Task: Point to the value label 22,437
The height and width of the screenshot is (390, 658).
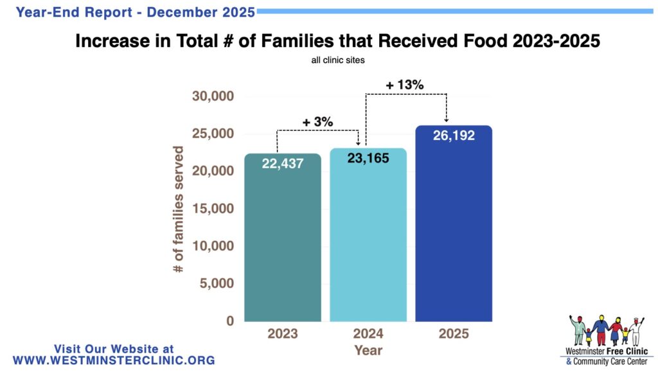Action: pos(283,164)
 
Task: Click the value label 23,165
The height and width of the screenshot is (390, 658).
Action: pos(368,157)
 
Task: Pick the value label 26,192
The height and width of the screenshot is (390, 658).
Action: pos(454,136)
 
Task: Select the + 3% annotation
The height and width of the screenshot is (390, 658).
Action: pos(317,121)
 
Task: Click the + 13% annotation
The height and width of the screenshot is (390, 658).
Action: pos(405,85)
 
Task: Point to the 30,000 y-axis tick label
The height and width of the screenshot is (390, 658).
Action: pos(213,96)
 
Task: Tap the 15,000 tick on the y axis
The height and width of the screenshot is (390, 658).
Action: pos(213,209)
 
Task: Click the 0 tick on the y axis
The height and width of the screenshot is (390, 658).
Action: pos(229,321)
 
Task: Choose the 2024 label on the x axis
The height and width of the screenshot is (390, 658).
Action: pos(368,334)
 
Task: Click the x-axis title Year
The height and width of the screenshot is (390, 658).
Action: pos(368,350)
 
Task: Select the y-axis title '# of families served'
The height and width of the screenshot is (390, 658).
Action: pos(179,209)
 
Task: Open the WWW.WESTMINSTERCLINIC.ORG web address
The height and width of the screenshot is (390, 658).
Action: pos(114,360)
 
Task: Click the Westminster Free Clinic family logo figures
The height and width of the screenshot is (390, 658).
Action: pos(606,331)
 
